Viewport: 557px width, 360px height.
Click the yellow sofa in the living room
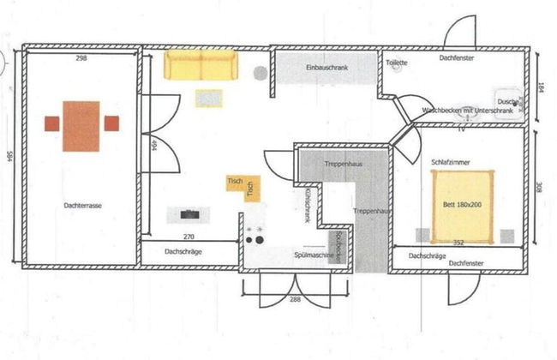[x=200, y=65]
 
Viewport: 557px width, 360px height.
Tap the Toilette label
[x=397, y=63]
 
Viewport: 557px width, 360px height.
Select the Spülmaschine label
[x=313, y=255]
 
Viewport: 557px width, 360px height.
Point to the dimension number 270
[x=189, y=235]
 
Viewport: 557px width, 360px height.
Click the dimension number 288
[x=295, y=299]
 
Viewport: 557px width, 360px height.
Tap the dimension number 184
[x=541, y=87]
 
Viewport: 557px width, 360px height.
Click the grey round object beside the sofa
[x=260, y=73]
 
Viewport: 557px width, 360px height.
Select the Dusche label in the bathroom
[x=506, y=100]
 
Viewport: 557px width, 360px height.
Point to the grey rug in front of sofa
[x=209, y=99]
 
